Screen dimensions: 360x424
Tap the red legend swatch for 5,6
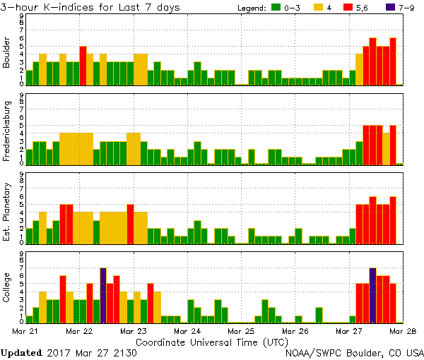point(349,8)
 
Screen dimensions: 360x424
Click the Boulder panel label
point(6,54)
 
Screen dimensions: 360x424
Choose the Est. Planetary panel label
point(6,212)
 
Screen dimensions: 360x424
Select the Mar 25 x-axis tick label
point(240,330)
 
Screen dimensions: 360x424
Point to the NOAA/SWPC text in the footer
point(314,352)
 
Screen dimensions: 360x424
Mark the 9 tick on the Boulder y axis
point(22,16)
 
